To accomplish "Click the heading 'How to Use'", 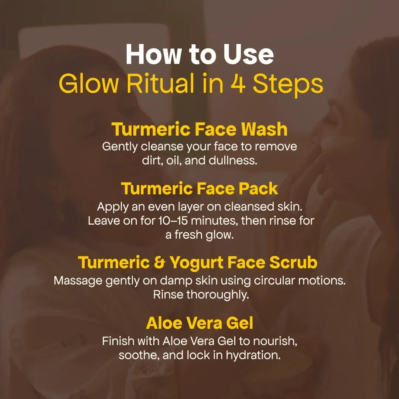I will (x=199, y=55).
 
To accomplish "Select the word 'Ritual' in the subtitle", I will (x=159, y=85).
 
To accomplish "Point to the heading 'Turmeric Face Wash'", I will (x=199, y=129).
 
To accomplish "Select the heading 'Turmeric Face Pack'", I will (x=199, y=189).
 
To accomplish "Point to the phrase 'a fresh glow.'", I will (x=199, y=235).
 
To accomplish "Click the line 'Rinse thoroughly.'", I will (x=199, y=295).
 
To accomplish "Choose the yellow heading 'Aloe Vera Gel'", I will (x=199, y=323).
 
